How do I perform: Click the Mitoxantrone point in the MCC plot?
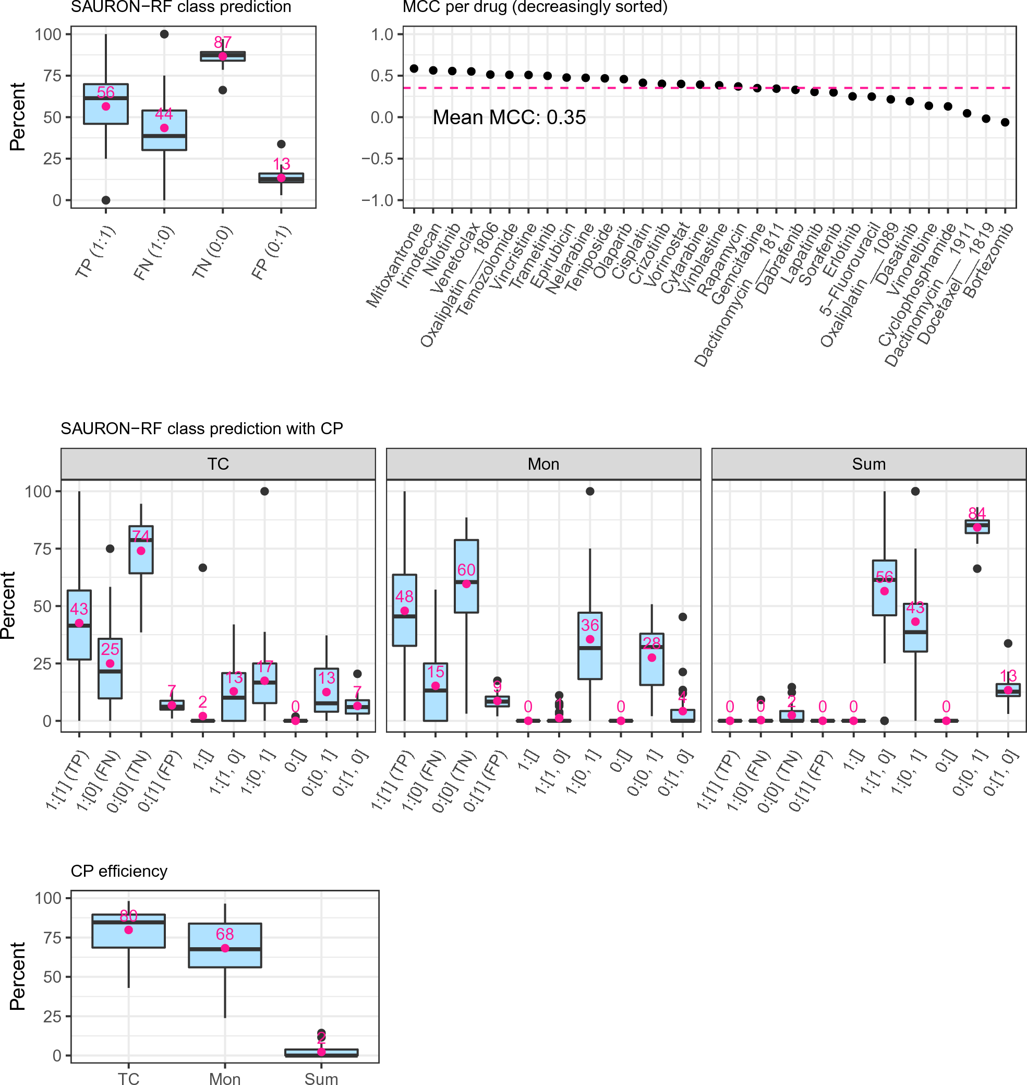pyautogui.click(x=414, y=68)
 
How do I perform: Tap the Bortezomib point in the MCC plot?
pyautogui.click(x=1005, y=123)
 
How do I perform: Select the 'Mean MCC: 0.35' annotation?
pyautogui.click(x=509, y=117)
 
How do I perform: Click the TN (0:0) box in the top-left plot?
pyautogui.click(x=223, y=56)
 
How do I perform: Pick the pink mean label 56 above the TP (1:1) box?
pyautogui.click(x=106, y=92)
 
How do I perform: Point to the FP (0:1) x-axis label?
pyautogui.click(x=272, y=253)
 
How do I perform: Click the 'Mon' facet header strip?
pyautogui.click(x=543, y=464)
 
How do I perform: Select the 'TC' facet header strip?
pyautogui.click(x=218, y=464)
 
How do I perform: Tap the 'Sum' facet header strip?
pyautogui.click(x=868, y=464)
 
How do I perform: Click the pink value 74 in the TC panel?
pyautogui.click(x=141, y=535)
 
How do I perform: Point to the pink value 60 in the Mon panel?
pyautogui.click(x=466, y=569)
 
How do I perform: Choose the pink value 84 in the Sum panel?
pyautogui.click(x=976, y=513)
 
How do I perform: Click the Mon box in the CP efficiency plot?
pyautogui.click(x=225, y=945)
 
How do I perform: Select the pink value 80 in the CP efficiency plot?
pyautogui.click(x=129, y=916)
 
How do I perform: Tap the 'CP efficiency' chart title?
pyautogui.click(x=119, y=871)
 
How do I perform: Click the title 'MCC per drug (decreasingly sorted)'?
pyautogui.click(x=535, y=7)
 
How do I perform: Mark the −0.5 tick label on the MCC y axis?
pyautogui.click(x=377, y=159)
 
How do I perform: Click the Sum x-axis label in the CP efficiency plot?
pyautogui.click(x=321, y=1078)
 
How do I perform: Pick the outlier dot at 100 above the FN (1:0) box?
pyautogui.click(x=164, y=34)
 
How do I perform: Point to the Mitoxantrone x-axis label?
pyautogui.click(x=394, y=266)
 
